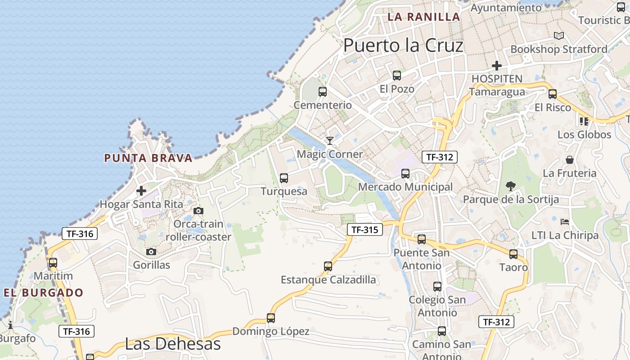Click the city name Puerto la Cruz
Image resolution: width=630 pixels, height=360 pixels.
(x=403, y=45)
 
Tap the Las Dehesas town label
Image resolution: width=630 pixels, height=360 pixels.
(x=173, y=344)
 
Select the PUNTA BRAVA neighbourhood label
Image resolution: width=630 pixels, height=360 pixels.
(x=148, y=158)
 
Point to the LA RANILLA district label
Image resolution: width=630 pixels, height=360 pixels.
(x=423, y=17)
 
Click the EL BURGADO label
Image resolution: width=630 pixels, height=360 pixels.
(x=44, y=292)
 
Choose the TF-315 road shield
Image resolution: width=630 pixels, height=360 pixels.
(x=364, y=229)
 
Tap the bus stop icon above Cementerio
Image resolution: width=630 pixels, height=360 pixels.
(x=323, y=92)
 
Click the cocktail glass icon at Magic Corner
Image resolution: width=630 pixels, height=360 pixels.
(x=330, y=141)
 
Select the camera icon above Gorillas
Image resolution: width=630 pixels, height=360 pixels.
(x=151, y=252)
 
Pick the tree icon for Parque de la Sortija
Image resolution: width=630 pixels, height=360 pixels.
(x=510, y=186)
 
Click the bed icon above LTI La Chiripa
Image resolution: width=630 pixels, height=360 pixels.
(x=565, y=222)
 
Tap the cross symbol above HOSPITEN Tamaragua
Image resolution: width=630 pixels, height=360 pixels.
(x=496, y=66)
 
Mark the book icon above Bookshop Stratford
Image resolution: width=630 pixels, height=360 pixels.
(x=559, y=36)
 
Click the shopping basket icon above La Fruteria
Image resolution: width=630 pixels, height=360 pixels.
(x=570, y=160)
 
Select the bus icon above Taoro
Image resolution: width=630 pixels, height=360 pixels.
(x=513, y=254)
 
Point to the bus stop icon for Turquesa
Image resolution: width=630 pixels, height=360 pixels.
(x=284, y=178)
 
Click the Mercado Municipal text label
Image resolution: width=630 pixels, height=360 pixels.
(x=405, y=187)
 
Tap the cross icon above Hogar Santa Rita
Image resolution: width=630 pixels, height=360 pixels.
(x=141, y=191)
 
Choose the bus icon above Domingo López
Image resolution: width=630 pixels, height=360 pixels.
(x=271, y=318)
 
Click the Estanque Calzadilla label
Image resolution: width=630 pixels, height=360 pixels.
(x=328, y=279)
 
